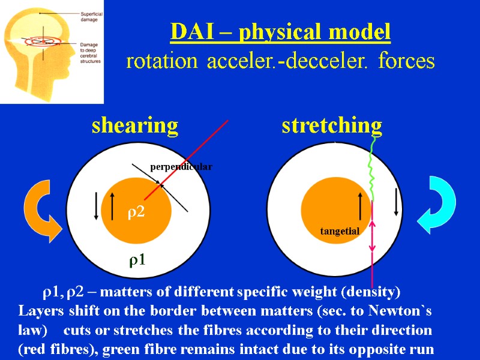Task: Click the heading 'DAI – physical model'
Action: pyautogui.click(x=280, y=32)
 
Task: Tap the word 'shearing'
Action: pyautogui.click(x=134, y=126)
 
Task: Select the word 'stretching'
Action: pyautogui.click(x=332, y=126)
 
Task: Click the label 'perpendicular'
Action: pyautogui.click(x=181, y=167)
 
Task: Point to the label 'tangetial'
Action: pyautogui.click(x=340, y=231)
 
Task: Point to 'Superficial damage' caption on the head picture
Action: pyautogui.click(x=88, y=16)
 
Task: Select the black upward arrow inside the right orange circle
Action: pyautogui.click(x=359, y=206)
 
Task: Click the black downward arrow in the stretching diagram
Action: pyautogui.click(x=396, y=202)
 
